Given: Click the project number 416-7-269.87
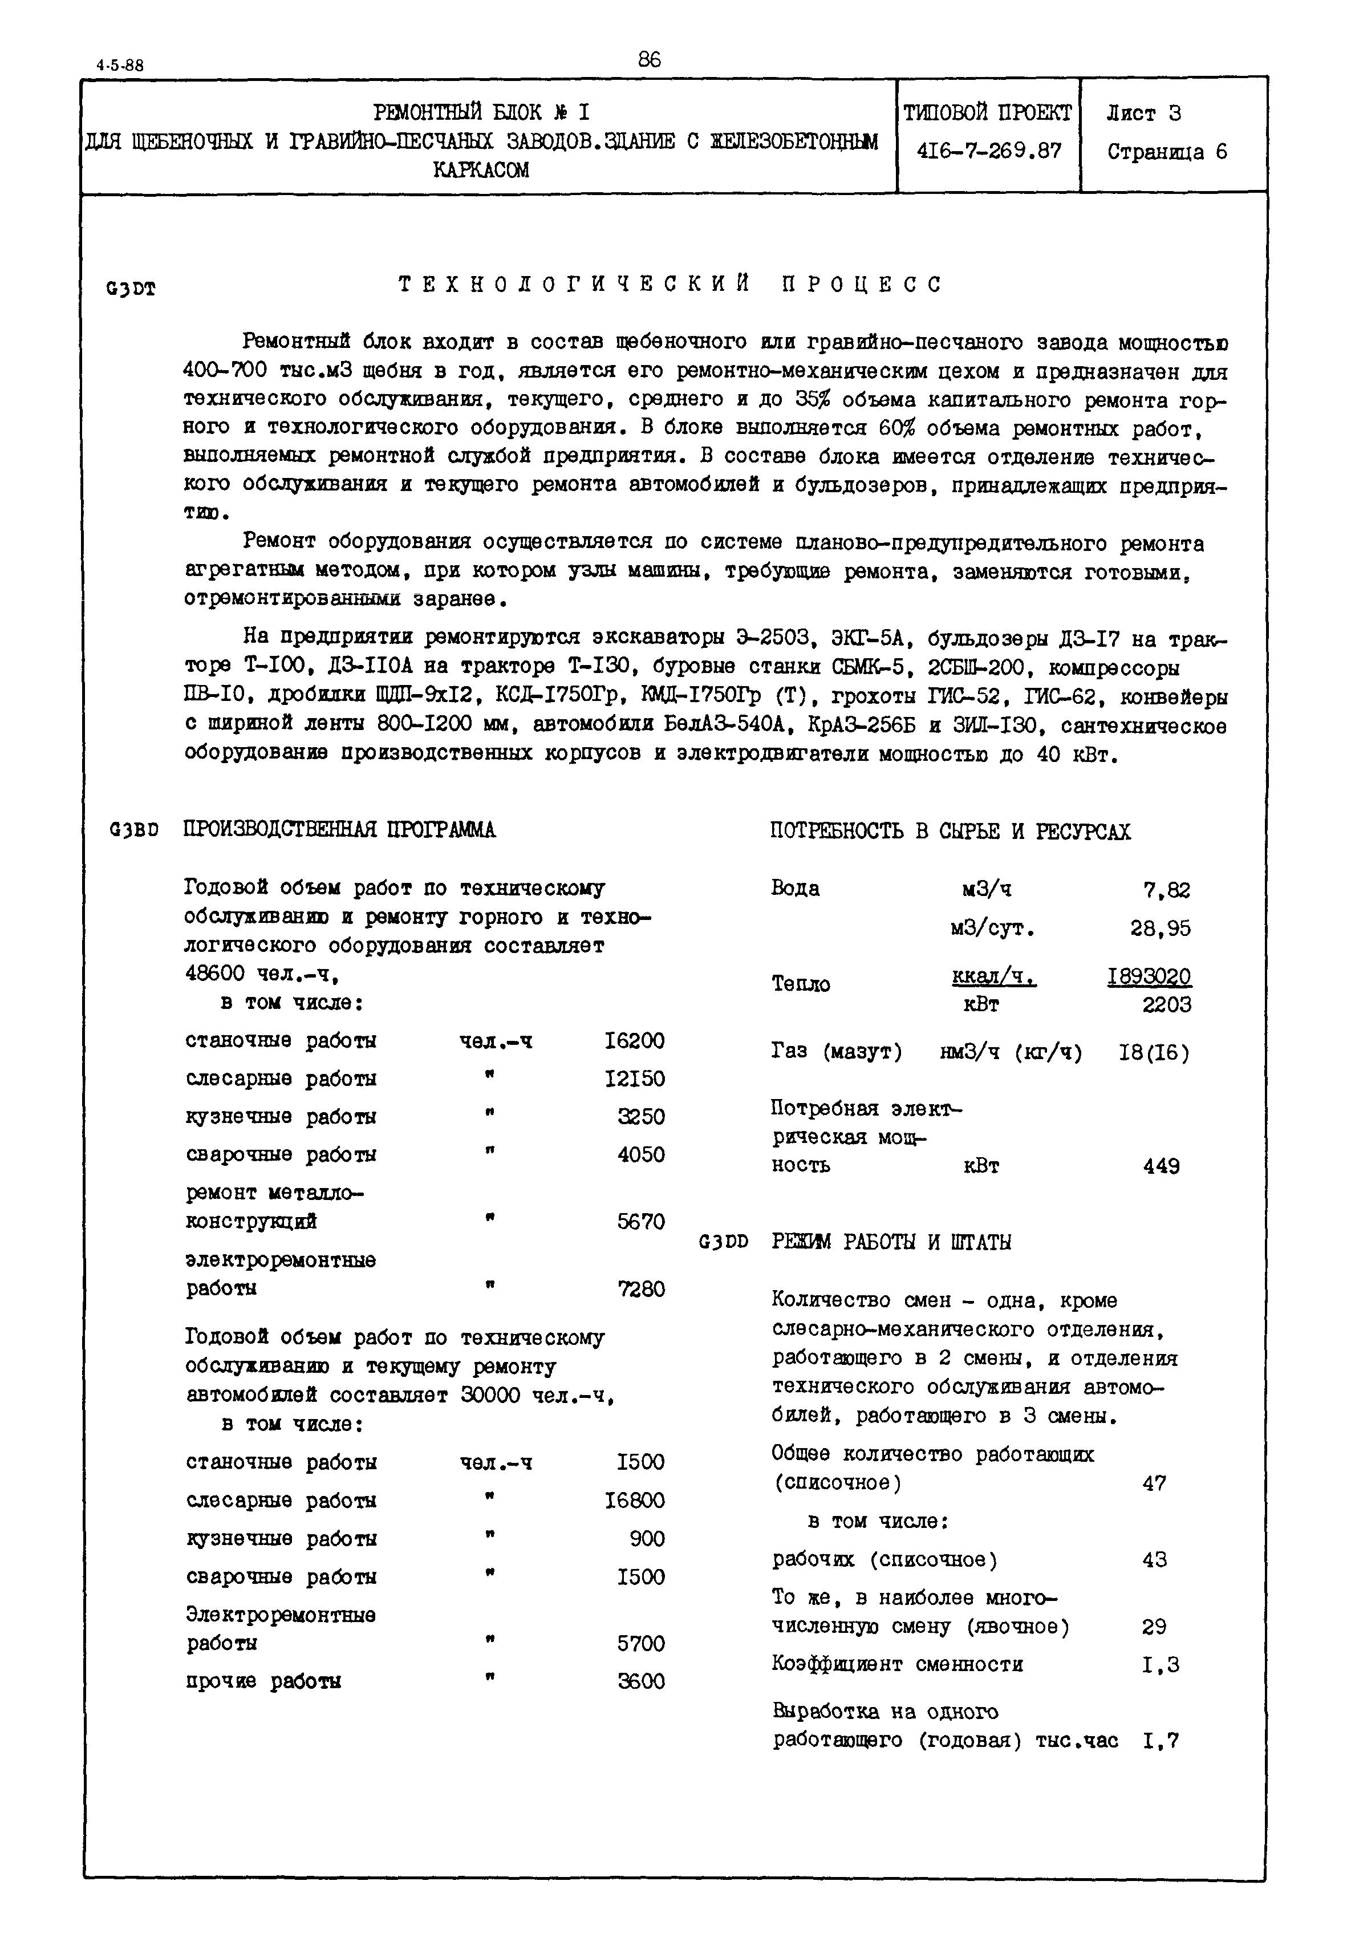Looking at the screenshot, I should coord(988,151).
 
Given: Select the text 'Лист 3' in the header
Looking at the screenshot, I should coord(1143,113).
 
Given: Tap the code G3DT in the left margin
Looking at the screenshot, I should coord(131,290).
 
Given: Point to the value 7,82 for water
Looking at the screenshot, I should coord(1166,890).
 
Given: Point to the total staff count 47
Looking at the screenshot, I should coord(1154,1483).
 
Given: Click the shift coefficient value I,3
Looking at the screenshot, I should coord(1161,1665).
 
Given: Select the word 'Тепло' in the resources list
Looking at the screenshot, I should coord(800,984).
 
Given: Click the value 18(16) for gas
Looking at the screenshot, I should coord(1153,1052).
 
